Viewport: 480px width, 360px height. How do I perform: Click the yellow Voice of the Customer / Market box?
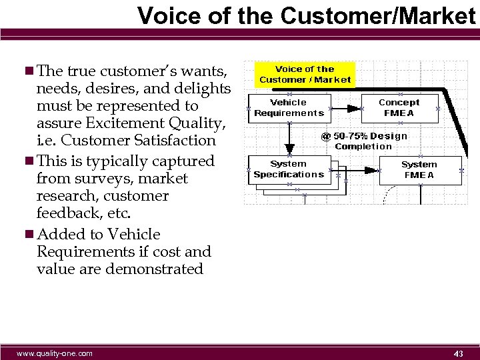pyautogui.click(x=305, y=75)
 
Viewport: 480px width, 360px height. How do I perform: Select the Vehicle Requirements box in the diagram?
pyautogui.click(x=289, y=108)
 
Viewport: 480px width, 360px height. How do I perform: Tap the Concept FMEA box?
pyautogui.click(x=399, y=108)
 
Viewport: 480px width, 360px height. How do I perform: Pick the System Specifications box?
pyautogui.click(x=289, y=169)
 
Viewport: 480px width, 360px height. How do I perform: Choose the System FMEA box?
pyautogui.click(x=419, y=170)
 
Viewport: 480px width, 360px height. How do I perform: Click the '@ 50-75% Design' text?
pyautogui.click(x=364, y=136)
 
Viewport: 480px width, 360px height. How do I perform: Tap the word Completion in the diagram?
pyautogui.click(x=363, y=147)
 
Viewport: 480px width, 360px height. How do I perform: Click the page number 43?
pyautogui.click(x=459, y=353)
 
